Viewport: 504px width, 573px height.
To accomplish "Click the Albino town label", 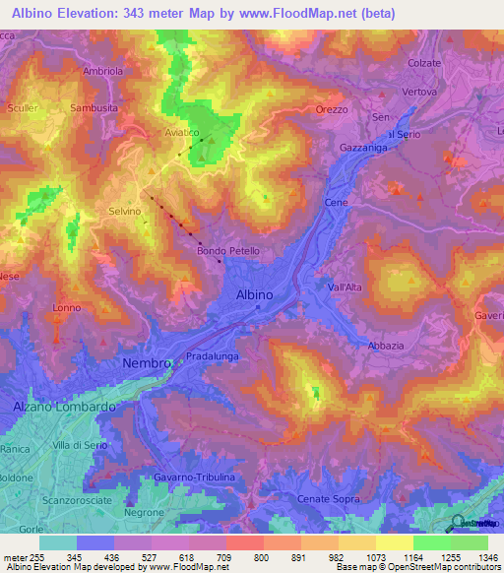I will click(x=254, y=294).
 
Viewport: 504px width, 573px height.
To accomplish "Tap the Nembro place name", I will click(x=147, y=363).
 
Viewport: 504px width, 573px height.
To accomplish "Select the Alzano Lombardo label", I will click(x=65, y=406).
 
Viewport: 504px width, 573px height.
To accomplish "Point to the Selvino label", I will click(x=126, y=212).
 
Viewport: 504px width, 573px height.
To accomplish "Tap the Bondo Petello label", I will click(x=228, y=251).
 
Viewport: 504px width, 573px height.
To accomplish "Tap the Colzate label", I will click(x=424, y=63).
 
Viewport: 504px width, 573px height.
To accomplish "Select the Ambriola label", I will click(x=103, y=72).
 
